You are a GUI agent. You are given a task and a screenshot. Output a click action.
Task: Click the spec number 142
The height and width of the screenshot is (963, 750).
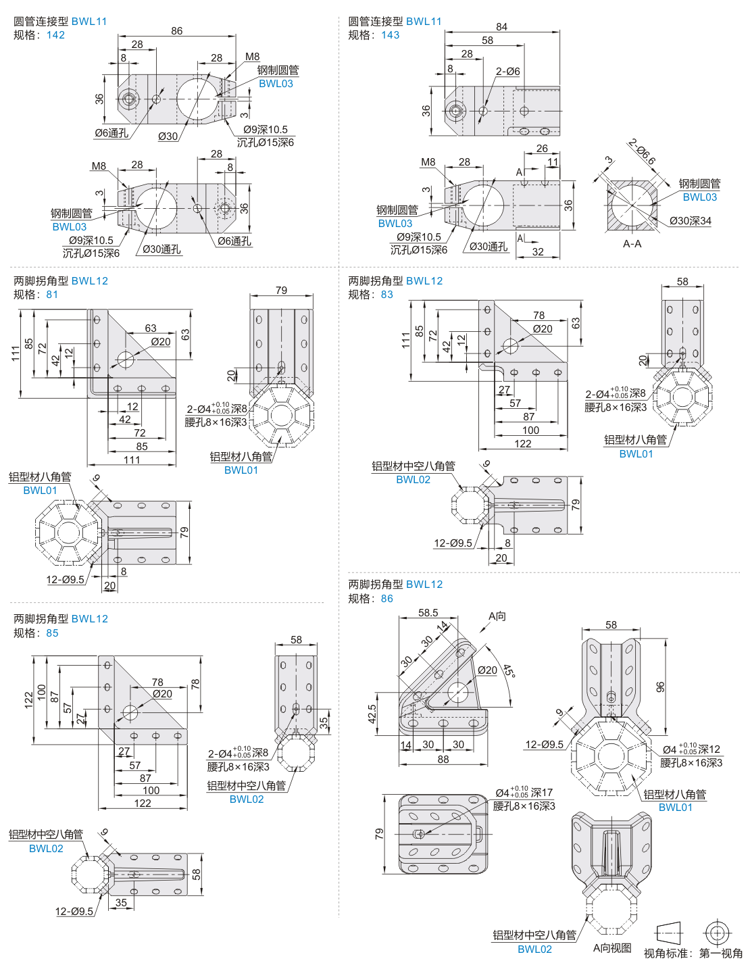(x=55, y=35)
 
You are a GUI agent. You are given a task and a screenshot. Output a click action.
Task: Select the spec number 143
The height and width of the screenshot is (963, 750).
(x=390, y=35)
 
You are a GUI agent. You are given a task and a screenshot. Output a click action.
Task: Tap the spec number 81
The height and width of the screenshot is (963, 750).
(x=52, y=295)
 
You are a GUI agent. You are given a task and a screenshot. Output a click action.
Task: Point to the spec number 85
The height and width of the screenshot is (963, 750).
(x=52, y=633)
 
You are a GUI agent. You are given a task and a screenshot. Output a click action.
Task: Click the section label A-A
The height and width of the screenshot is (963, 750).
(x=632, y=244)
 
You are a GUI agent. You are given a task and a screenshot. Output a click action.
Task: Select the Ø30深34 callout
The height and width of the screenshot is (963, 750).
(x=690, y=221)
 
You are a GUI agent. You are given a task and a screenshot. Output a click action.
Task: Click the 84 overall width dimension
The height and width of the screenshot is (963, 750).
(x=501, y=27)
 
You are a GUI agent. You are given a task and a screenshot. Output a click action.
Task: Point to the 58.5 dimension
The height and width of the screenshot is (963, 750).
(x=428, y=613)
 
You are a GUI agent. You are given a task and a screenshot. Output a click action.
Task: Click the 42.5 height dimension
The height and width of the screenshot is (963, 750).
(x=372, y=715)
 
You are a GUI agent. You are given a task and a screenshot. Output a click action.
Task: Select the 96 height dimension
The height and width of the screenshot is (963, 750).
(x=660, y=687)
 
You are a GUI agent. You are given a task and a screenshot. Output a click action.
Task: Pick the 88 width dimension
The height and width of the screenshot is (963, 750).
(x=443, y=760)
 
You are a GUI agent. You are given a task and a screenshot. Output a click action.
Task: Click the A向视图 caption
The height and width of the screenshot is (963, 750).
(x=612, y=948)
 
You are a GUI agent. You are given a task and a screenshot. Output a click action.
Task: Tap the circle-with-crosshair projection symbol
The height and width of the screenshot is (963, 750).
(x=717, y=933)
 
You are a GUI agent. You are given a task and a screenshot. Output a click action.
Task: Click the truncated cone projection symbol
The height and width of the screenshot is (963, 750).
(x=669, y=933)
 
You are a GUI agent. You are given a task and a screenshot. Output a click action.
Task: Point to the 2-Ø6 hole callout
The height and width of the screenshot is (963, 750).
(x=507, y=72)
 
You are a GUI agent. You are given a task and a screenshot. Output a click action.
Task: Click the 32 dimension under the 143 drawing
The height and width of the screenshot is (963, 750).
(x=538, y=252)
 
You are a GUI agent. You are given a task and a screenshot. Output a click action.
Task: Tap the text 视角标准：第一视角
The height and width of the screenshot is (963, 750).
(x=693, y=954)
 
